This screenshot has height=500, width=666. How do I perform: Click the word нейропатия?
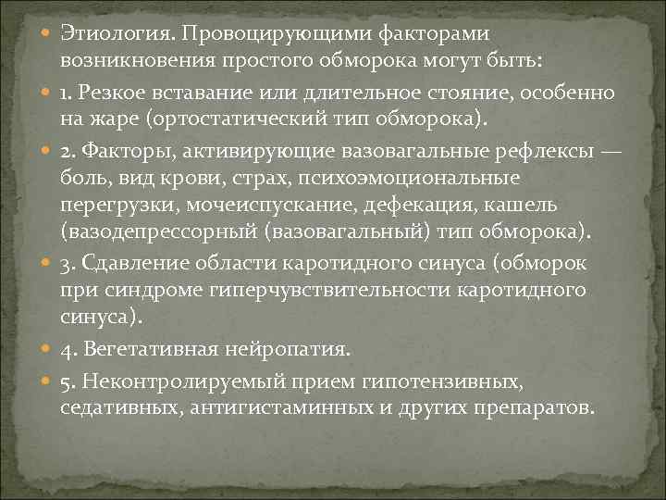click(290, 349)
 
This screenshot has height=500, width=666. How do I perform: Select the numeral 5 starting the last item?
click(67, 381)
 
